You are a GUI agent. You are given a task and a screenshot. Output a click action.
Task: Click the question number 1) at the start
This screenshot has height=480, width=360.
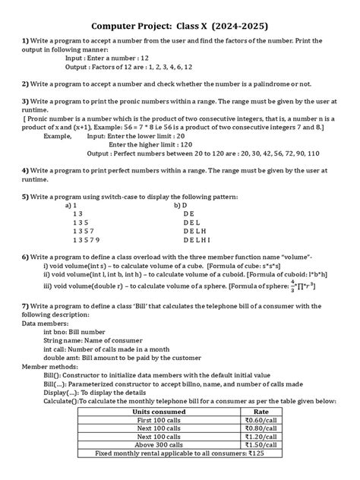coord(25,40)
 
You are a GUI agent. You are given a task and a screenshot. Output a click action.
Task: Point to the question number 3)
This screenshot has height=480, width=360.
coord(25,101)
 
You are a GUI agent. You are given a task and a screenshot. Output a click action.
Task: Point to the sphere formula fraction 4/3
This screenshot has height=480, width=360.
coord(292,286)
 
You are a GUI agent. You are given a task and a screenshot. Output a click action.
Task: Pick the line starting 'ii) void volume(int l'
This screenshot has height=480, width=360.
coord(182,274)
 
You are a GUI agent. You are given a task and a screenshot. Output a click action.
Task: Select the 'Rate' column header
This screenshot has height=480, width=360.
coord(270,412)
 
